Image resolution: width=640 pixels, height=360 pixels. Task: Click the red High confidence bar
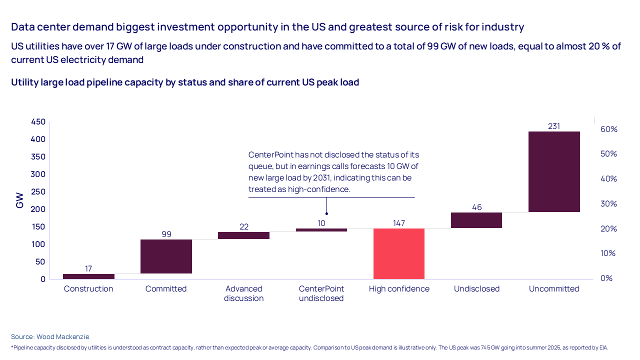[399, 253]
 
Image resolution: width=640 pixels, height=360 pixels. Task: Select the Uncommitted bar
[554, 171]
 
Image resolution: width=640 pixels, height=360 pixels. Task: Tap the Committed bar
[166, 256]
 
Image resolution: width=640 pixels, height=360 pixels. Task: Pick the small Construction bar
[88, 276]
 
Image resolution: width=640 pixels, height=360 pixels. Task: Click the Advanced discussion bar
[243, 235]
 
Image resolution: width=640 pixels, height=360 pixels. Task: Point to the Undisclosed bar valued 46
[476, 220]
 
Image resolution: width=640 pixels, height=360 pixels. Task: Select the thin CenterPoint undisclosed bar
[321, 230]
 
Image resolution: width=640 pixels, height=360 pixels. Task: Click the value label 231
[554, 126]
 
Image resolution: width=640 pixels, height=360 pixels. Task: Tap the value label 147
[399, 223]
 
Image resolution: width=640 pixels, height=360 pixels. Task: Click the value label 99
[166, 234]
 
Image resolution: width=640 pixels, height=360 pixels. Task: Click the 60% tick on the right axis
[609, 129]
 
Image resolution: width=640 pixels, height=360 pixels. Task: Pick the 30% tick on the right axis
[609, 203]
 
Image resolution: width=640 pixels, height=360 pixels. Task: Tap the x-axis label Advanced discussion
[243, 293]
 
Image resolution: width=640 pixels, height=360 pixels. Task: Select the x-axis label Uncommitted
[554, 289]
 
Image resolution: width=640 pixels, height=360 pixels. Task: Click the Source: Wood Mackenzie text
[50, 337]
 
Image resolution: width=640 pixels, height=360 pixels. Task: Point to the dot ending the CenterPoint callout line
[326, 213]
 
